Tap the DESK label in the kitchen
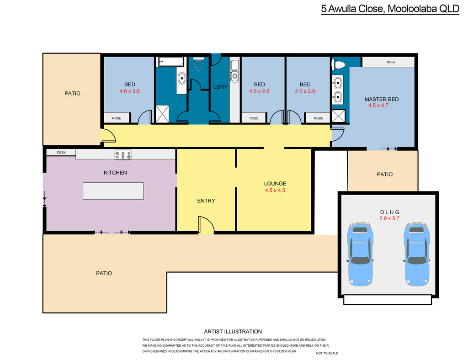(62, 153)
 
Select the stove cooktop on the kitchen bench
(123, 154)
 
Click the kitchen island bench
(113, 191)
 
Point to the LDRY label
(220, 87)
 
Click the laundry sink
(234, 76)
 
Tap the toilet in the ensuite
(339, 64)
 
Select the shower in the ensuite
(339, 116)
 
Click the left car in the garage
(360, 254)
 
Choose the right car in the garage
(417, 254)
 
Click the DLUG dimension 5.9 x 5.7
(389, 218)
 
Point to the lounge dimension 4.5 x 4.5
(275, 191)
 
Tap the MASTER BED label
(382, 99)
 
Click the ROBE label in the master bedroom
(391, 62)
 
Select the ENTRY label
(206, 201)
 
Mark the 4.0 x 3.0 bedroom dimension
(129, 91)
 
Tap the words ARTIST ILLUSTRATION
(233, 331)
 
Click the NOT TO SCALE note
(327, 353)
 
